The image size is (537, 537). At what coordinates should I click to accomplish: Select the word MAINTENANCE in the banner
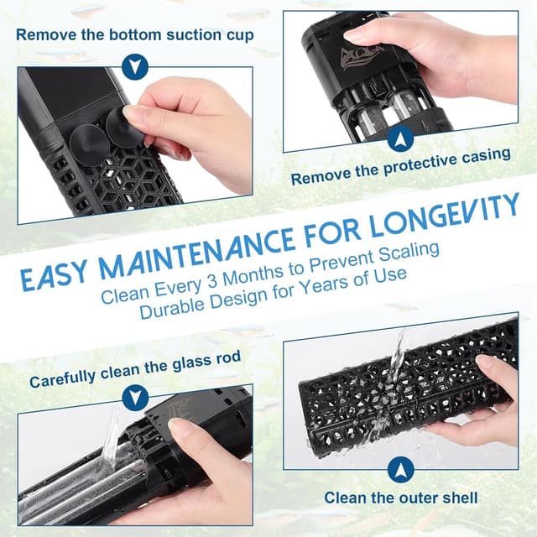click(196, 253)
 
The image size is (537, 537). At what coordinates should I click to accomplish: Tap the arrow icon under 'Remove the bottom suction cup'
click(135, 65)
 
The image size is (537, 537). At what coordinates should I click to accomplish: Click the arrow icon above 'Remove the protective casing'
click(400, 138)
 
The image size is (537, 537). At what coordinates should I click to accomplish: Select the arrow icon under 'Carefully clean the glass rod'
click(135, 397)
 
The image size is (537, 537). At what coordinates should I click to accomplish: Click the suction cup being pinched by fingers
click(125, 127)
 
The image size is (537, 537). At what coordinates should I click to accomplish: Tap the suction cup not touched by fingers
click(90, 144)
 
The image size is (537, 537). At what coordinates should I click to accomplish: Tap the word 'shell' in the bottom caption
click(460, 498)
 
